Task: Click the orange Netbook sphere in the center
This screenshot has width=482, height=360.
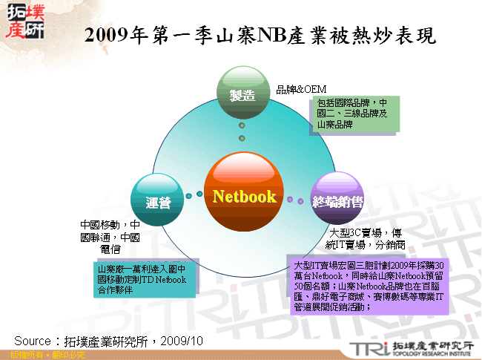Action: coord(244,195)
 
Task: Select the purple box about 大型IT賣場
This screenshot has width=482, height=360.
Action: coord(369,285)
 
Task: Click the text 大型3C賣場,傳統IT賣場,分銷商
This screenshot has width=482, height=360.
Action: coord(368,238)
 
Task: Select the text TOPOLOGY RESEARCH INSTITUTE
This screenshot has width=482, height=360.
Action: coord(431,354)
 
